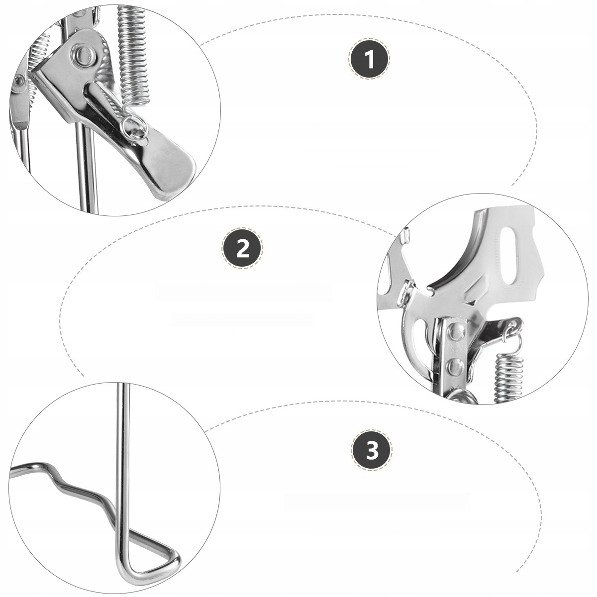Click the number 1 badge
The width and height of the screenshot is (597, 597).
pos(369,59)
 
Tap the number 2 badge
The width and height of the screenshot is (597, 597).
pos(243,248)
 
